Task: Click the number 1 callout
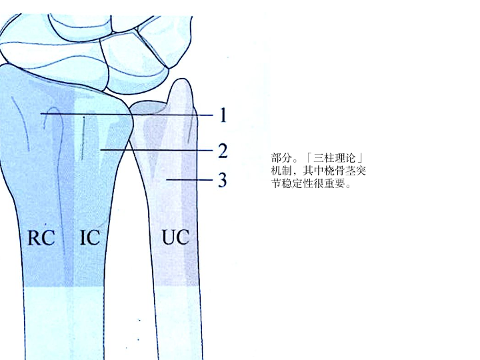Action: coord(223,115)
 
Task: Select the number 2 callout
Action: coord(223,151)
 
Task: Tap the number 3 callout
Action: coord(223,180)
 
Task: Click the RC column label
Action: coord(41,237)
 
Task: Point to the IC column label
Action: coord(89,237)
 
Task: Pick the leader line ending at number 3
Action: coord(190,180)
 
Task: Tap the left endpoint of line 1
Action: coord(41,114)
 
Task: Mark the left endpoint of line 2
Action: coord(100,151)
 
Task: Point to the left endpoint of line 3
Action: coord(167,180)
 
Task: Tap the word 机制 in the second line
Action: coord(280,171)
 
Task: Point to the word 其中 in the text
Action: coord(308,171)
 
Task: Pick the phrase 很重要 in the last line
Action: coord(331,183)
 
